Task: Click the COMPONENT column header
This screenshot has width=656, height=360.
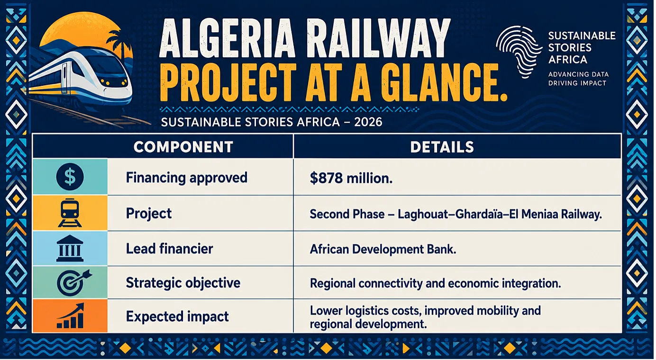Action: click(183, 147)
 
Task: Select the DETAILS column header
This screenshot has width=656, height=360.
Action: click(442, 147)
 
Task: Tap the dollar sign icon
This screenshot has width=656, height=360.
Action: click(70, 177)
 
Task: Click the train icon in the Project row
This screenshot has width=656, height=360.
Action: click(70, 213)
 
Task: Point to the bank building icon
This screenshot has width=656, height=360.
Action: click(70, 249)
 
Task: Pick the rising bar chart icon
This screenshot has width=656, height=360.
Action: click(71, 316)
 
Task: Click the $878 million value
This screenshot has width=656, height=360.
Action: click(351, 178)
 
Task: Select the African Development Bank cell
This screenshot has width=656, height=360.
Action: click(383, 249)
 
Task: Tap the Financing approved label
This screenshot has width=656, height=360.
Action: click(187, 178)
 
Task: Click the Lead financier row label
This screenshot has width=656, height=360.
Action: click(169, 249)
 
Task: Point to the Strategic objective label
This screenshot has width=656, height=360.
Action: click(183, 283)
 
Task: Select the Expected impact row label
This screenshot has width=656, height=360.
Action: click(177, 317)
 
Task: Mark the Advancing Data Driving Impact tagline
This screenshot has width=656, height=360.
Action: click(578, 79)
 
